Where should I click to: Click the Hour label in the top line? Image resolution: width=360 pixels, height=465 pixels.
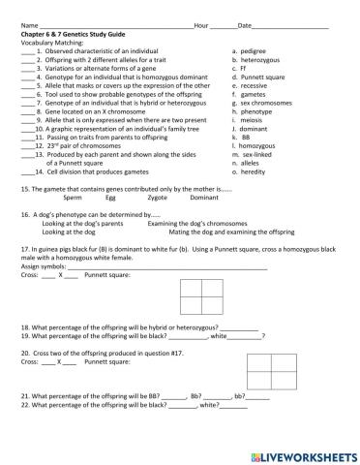tap(201, 25)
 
